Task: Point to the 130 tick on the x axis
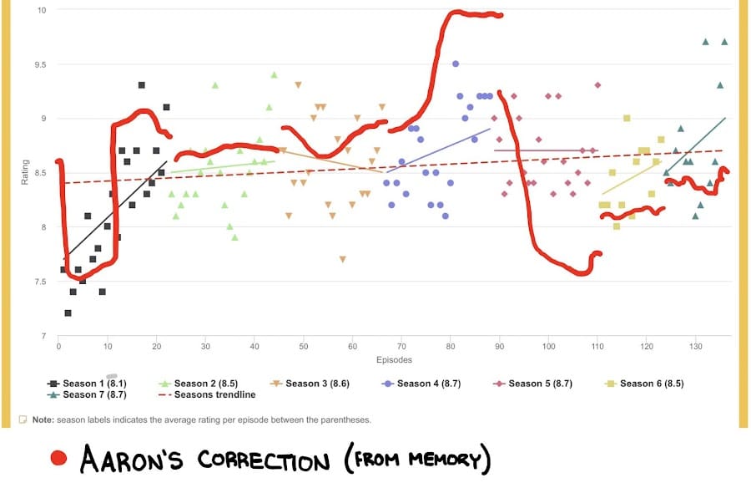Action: (696, 345)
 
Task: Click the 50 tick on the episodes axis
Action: (304, 345)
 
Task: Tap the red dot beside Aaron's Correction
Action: (58, 458)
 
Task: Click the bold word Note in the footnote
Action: (44, 419)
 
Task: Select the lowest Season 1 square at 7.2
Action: (68, 313)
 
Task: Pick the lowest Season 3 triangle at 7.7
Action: (343, 260)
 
